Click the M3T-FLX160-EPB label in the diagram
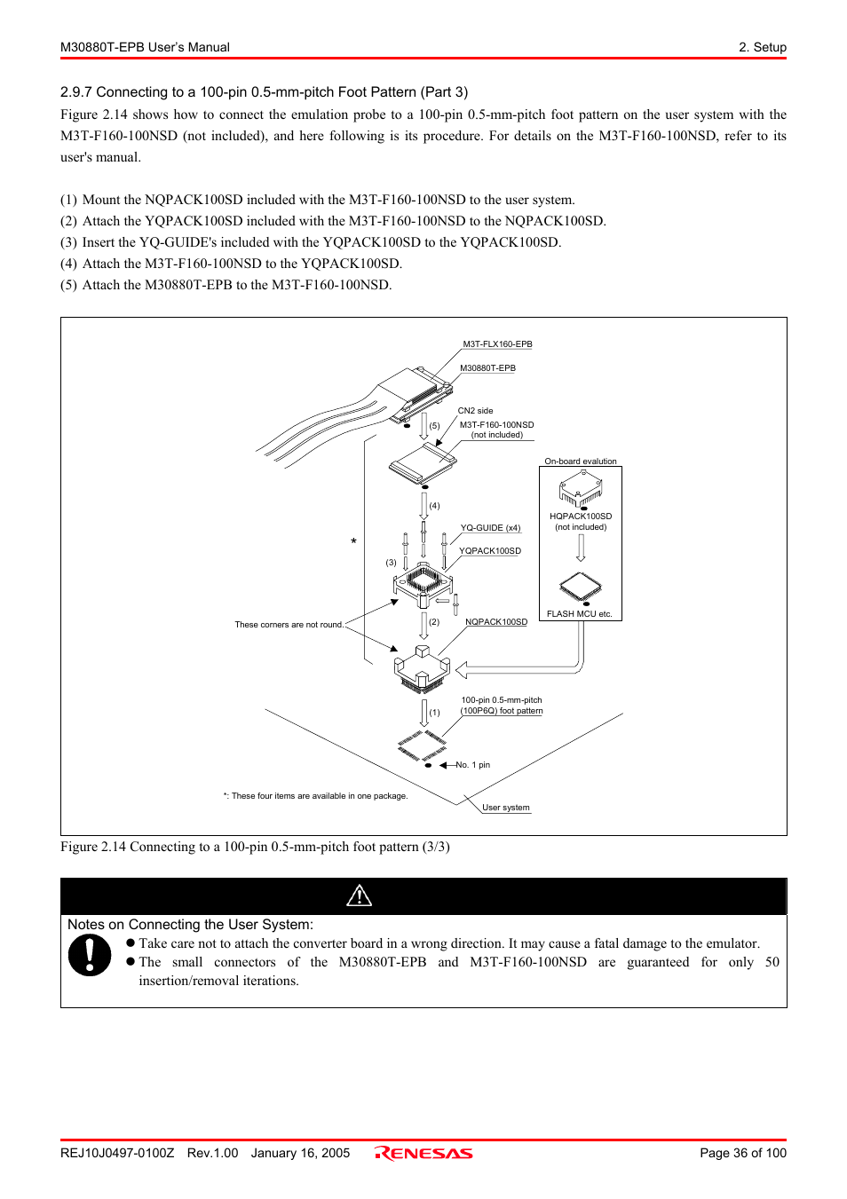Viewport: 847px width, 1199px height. coord(497,344)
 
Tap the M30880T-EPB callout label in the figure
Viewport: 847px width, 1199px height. coord(487,368)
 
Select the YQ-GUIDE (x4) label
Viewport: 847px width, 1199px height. coord(490,528)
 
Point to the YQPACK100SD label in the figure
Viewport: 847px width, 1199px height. coord(489,551)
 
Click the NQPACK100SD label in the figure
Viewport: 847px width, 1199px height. coord(496,622)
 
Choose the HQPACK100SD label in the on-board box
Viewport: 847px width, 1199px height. coord(581,517)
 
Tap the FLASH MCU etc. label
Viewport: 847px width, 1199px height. coord(580,614)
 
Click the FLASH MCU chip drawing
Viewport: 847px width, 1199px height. coord(581,586)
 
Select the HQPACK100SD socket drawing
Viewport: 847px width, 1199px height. coord(581,489)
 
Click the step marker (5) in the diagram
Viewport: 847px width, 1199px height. coord(434,426)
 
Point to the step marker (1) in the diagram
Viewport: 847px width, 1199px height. coord(434,713)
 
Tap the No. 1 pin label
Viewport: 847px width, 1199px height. coord(472,765)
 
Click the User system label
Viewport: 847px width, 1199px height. coord(506,808)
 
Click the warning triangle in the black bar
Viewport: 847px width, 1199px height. coord(359,895)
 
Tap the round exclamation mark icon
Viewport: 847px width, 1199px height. coord(90,956)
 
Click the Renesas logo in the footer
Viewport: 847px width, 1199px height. coord(423,1153)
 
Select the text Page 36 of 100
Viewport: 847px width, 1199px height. coord(742,1153)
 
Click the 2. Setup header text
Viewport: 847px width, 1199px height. coord(762,47)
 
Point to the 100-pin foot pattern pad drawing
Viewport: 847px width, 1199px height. coord(422,745)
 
